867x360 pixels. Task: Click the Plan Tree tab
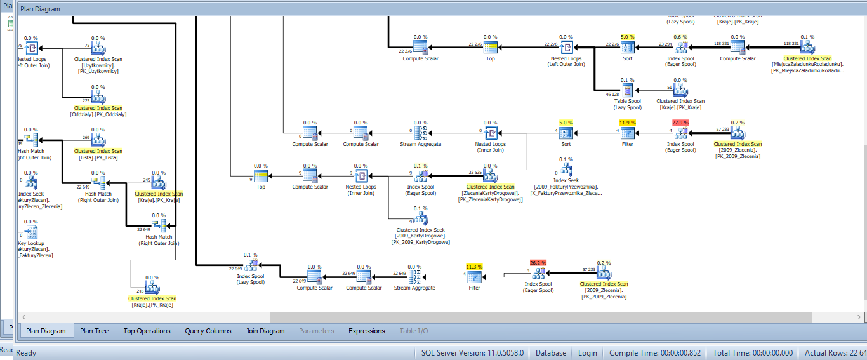tap(94, 331)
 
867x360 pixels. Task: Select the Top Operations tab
tap(147, 331)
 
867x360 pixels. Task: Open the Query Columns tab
tap(208, 331)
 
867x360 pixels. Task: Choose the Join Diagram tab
tap(265, 331)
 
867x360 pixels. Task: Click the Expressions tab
tap(367, 331)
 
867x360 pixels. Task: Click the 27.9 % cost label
tap(680, 123)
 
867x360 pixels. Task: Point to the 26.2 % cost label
tap(538, 262)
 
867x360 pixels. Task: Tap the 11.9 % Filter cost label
tap(627, 123)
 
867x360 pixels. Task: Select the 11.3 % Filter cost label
tap(474, 267)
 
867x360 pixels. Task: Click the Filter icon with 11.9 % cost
tap(627, 133)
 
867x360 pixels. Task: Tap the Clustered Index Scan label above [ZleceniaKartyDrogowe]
tap(490, 187)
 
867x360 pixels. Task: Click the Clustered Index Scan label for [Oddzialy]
tap(98, 109)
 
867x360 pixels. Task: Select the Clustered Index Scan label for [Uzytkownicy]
tap(98, 59)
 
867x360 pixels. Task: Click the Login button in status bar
tap(587, 352)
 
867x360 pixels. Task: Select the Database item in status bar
tap(551, 352)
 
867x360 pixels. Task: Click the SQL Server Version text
tap(472, 352)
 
